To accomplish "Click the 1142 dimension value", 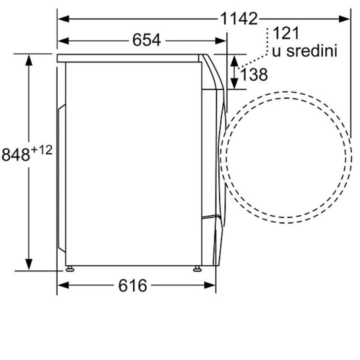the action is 239,18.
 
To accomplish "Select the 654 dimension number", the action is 146,40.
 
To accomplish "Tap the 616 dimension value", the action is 132,285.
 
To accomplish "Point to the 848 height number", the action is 15,154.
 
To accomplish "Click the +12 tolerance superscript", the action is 42,150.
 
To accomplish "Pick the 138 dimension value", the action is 253,74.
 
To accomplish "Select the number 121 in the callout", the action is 286,33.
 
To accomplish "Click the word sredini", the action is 312,50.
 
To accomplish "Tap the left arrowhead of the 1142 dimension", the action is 63,19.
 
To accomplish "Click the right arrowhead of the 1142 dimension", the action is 344,19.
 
